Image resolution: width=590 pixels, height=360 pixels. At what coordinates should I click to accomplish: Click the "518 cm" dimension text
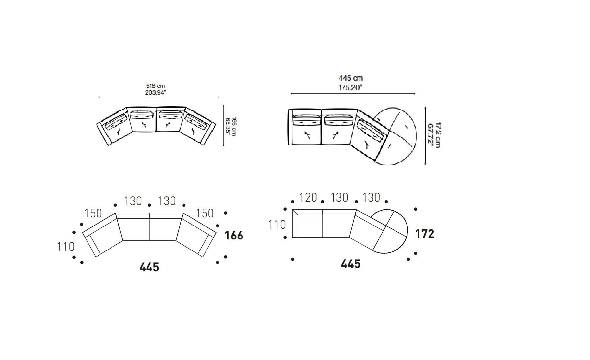coord(156,86)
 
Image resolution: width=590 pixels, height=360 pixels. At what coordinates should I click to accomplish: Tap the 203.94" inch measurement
coord(156,93)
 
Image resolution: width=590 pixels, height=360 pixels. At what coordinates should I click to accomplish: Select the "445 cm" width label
coord(351,78)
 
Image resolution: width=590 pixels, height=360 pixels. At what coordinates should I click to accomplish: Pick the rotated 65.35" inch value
coord(228,126)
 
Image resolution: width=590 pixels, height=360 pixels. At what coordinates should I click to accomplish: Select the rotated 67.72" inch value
coord(431,135)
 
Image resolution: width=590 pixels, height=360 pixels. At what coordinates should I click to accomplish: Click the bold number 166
coord(234,236)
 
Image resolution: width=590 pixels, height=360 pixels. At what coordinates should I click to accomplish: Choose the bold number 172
coord(425,234)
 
